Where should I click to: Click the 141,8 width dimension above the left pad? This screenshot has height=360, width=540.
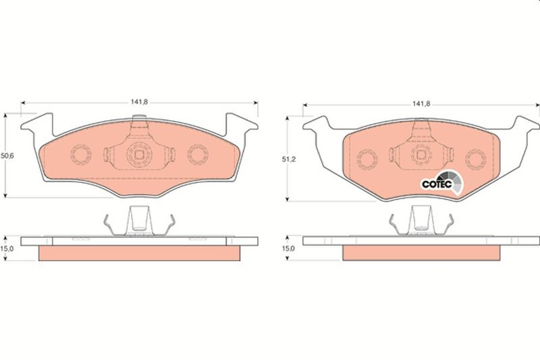pos(139,102)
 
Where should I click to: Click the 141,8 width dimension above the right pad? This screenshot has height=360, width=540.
pos(421,104)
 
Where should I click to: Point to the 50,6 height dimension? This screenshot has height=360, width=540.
pos(7,156)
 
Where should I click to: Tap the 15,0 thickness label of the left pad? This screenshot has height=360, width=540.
pos(7,249)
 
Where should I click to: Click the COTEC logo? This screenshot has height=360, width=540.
pos(443,183)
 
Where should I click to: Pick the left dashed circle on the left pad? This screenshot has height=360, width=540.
pos(81,154)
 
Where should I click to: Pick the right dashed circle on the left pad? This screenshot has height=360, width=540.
pos(198,154)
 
